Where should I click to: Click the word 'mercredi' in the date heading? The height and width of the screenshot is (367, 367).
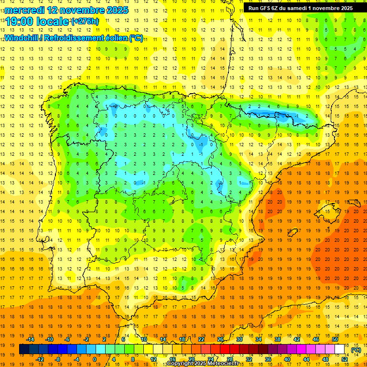click(24, 10)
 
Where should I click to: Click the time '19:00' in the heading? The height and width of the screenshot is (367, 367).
click(20, 22)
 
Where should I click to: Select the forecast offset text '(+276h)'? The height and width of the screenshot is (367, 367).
click(85, 22)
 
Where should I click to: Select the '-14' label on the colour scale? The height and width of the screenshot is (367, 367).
click(31, 339)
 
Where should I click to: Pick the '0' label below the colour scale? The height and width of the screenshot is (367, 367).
click(94, 359)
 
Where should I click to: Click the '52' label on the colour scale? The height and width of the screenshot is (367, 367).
click(345, 359)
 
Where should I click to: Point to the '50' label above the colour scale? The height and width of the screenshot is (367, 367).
click(335, 339)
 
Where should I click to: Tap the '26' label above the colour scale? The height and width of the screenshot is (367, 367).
click(220, 339)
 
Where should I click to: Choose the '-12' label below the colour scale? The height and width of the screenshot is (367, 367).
click(40, 359)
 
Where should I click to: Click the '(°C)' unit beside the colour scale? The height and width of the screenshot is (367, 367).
click(356, 350)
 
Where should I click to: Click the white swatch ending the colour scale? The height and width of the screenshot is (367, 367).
click(339, 349)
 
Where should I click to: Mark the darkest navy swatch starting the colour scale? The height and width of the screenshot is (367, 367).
click(24, 349)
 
